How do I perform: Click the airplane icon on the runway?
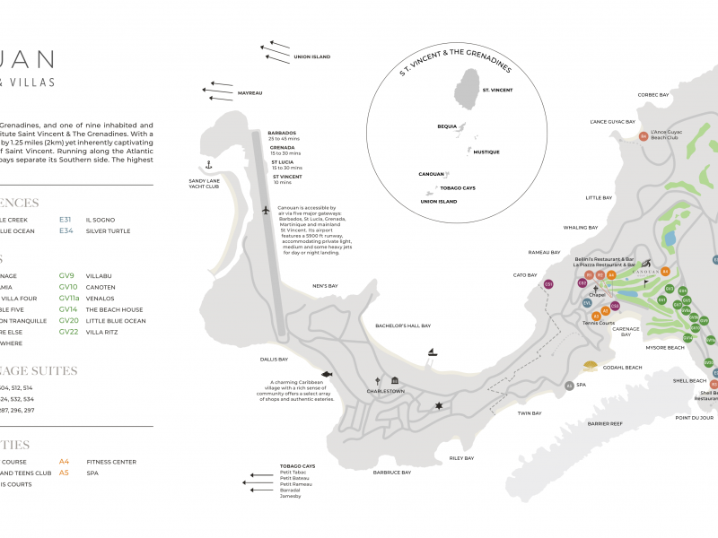click(x=266, y=211)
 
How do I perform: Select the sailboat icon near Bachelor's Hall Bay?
click(x=431, y=352)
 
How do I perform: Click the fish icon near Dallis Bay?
click(x=326, y=373)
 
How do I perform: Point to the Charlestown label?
click(x=385, y=392)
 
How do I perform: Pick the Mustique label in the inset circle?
click(x=486, y=152)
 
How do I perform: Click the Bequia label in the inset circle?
click(x=447, y=126)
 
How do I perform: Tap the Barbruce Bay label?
click(x=392, y=473)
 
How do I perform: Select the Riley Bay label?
click(x=461, y=457)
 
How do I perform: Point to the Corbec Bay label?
click(x=653, y=94)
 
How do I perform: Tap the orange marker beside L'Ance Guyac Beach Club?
click(x=644, y=136)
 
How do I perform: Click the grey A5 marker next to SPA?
click(x=569, y=386)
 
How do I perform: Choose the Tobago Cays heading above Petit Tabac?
click(x=297, y=466)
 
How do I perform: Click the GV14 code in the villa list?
click(x=69, y=309)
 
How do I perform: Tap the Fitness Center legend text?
click(x=111, y=462)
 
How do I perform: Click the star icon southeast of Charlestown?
click(x=439, y=407)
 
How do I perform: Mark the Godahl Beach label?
click(x=622, y=368)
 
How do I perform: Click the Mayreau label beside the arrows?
click(x=250, y=93)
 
